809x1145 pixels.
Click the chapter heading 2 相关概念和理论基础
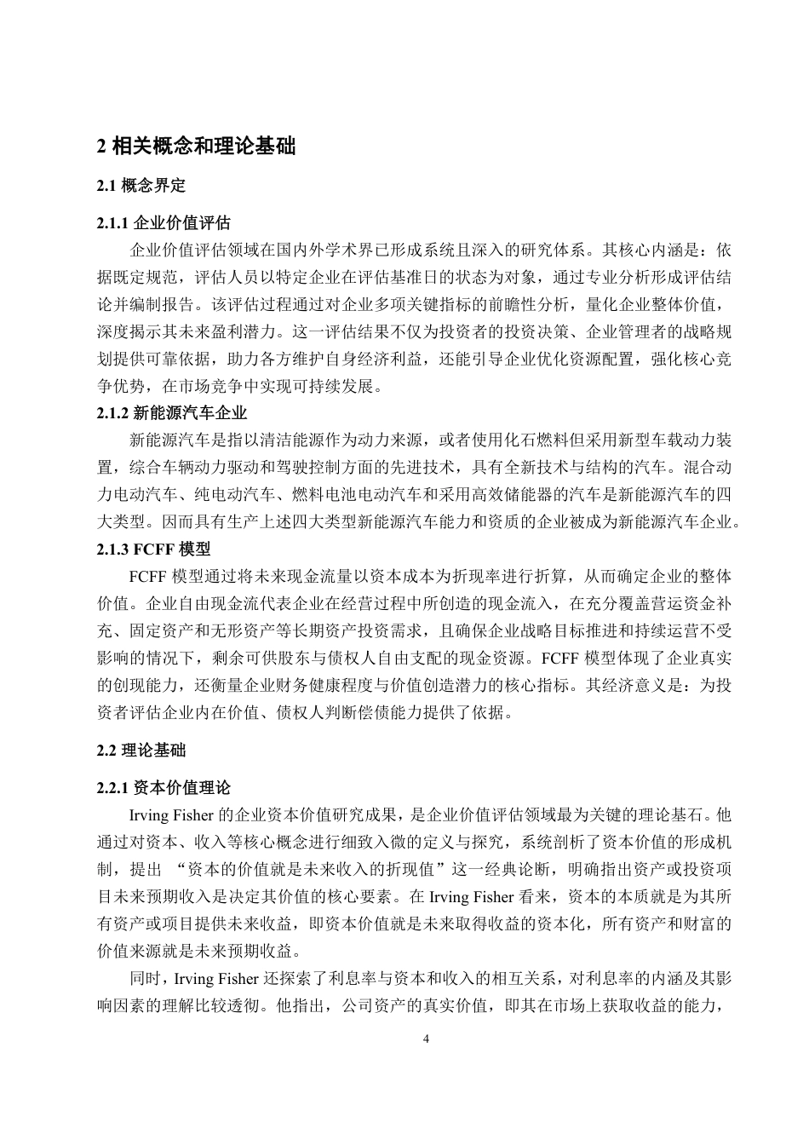tap(197, 146)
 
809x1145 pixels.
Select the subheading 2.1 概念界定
tap(141, 185)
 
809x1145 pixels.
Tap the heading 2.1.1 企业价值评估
tap(164, 223)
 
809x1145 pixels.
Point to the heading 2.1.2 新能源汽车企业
tap(172, 413)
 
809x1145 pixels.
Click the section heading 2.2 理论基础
tap(141, 751)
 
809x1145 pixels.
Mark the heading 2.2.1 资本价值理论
tap(164, 788)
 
